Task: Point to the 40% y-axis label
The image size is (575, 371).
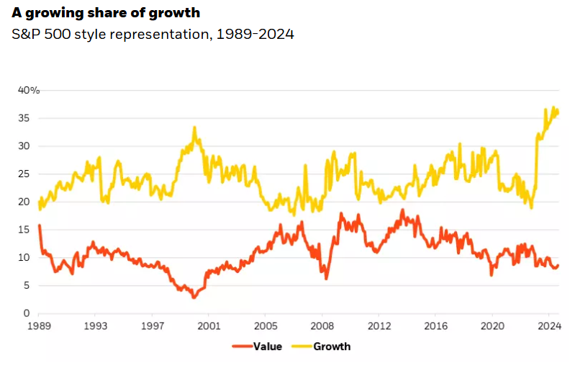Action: (30, 90)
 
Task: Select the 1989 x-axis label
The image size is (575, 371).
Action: (38, 327)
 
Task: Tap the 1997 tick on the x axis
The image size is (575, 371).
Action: (152, 327)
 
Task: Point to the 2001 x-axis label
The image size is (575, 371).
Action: (209, 327)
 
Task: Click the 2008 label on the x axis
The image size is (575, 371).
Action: (322, 327)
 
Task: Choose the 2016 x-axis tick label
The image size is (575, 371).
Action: (436, 327)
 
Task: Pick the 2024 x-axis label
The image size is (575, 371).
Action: (549, 327)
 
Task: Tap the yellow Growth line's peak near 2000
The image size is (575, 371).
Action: (194, 128)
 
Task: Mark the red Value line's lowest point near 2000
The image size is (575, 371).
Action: (193, 297)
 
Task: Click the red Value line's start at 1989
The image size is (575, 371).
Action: (39, 226)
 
